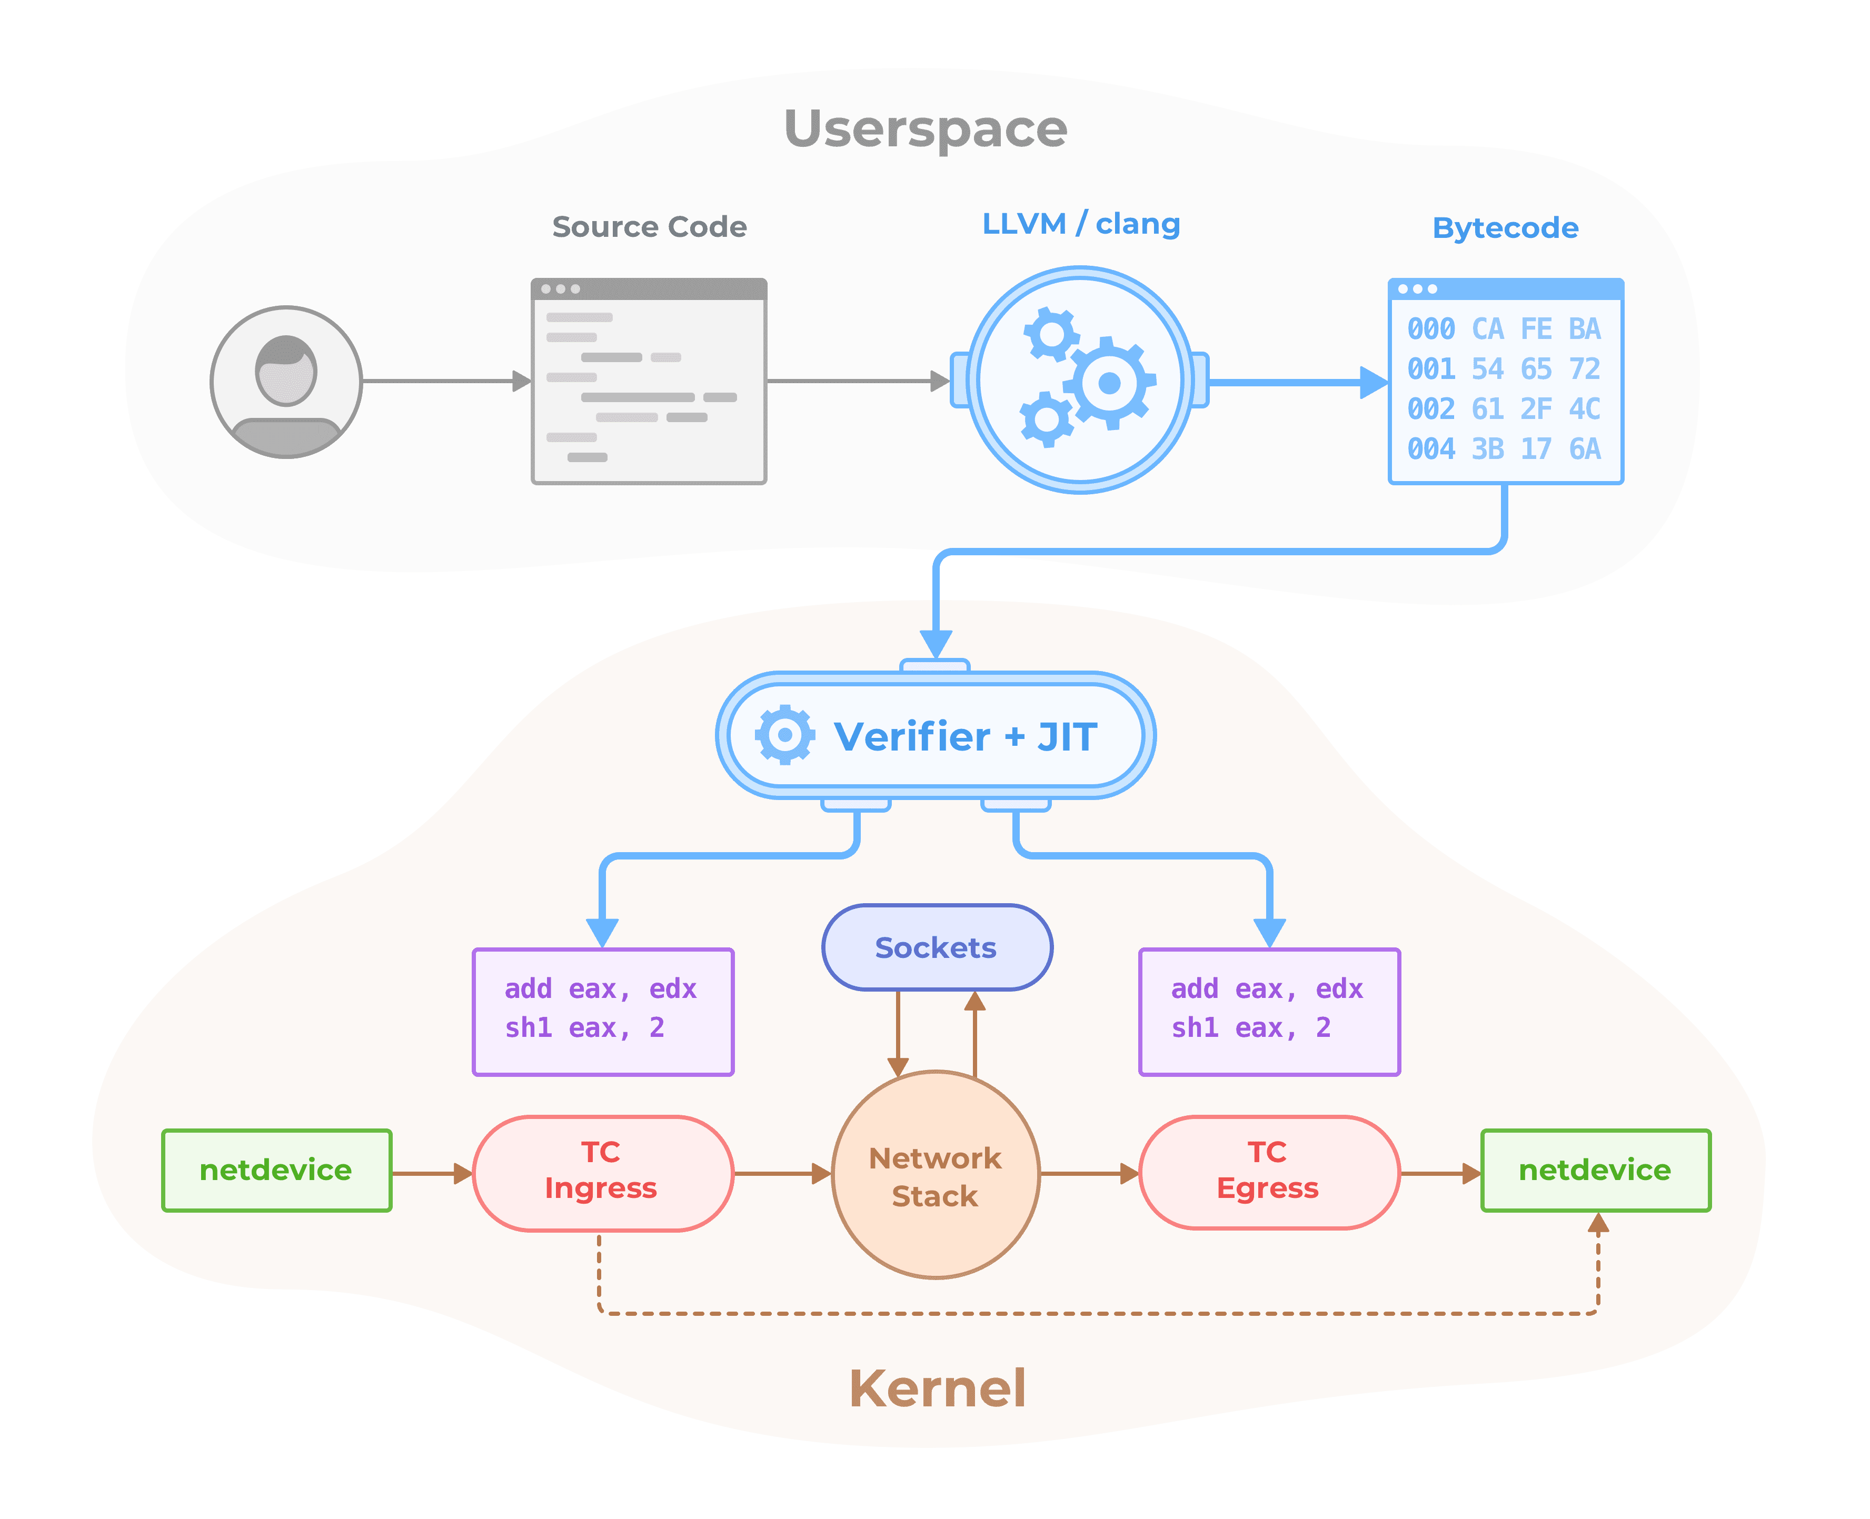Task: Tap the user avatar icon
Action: point(286,382)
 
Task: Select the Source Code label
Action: point(649,227)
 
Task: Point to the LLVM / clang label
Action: point(1081,224)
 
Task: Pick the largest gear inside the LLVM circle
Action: point(1109,382)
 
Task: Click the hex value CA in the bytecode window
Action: point(1488,329)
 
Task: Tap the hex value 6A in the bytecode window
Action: point(1585,449)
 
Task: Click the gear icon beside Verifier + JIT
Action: point(785,735)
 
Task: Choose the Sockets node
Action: point(936,947)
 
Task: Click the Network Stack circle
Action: point(936,1175)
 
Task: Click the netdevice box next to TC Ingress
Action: point(276,1170)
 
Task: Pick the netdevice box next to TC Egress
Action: point(1594,1170)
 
